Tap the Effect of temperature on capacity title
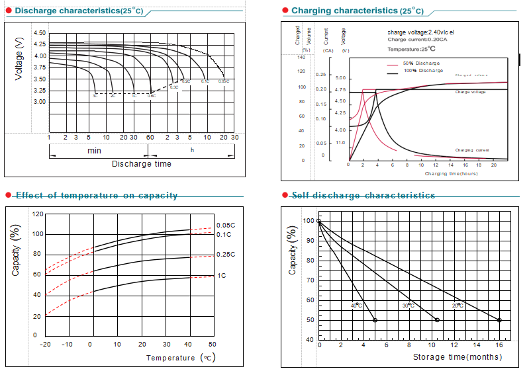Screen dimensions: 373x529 coord(97,195)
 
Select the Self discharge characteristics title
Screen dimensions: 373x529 coord(363,195)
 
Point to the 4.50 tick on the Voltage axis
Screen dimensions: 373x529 coord(39,33)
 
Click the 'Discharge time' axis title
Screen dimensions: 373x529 coord(141,164)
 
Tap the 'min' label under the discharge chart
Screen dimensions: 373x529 coord(95,150)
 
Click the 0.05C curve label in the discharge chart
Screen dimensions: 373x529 coord(224,81)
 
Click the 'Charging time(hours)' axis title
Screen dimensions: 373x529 coord(452,173)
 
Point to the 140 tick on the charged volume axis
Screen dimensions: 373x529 coord(301,58)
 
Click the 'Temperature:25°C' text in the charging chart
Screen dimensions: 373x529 coord(412,48)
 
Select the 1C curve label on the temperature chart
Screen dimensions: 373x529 coord(221,275)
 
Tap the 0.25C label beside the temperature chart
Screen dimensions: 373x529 coord(225,255)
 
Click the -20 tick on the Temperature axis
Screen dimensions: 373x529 coord(46,345)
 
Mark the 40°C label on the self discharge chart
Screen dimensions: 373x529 coord(356,305)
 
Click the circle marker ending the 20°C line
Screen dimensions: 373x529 coord(499,320)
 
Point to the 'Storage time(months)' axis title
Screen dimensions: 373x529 coord(457,357)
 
